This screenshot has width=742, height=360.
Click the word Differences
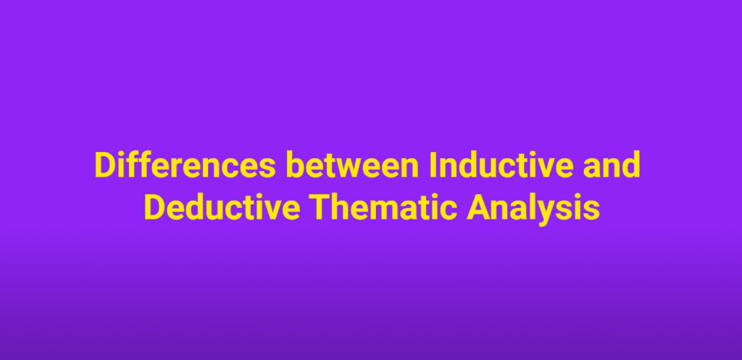coord(185,164)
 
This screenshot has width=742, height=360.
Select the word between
coord(352,164)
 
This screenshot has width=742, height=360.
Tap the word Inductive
coord(501,164)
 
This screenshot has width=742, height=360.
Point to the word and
coord(612,164)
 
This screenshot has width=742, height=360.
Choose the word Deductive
coord(222,207)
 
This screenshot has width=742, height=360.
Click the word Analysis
coord(533,209)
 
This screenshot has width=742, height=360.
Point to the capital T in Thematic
coord(321,208)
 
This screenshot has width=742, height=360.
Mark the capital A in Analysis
coord(479,208)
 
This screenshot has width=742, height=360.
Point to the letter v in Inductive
coord(542,169)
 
